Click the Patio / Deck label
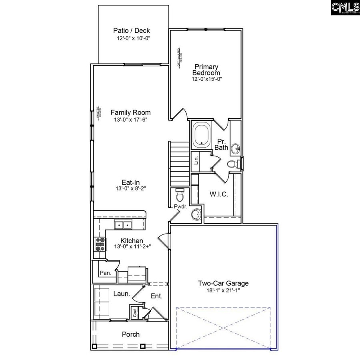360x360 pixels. [x=131, y=31]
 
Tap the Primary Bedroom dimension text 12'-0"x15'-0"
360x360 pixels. [x=206, y=79]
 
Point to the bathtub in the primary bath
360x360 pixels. [x=202, y=136]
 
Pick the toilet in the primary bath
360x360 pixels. [x=232, y=163]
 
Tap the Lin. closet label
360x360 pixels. [x=196, y=161]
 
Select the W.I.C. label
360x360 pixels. [x=219, y=194]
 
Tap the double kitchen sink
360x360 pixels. [x=123, y=225]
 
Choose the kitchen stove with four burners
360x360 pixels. [x=100, y=243]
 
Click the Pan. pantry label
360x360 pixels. [x=105, y=273]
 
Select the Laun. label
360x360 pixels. [x=122, y=294]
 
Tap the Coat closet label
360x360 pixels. [x=135, y=313]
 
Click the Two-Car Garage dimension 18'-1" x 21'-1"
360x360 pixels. [x=223, y=291]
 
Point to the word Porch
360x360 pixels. [x=131, y=334]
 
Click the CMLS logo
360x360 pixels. [x=345, y=8]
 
